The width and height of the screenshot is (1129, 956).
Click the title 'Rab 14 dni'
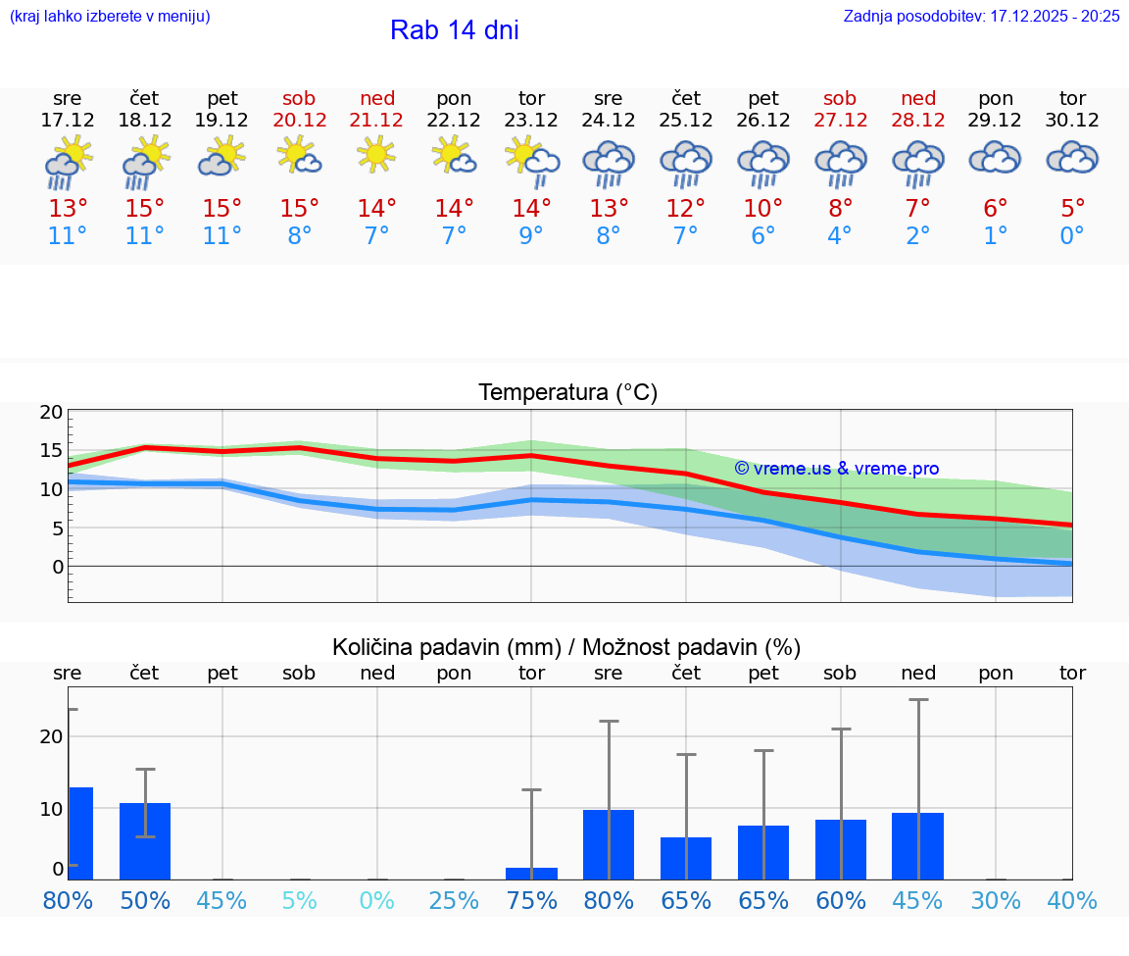tap(454, 30)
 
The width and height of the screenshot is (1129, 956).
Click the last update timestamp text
tap(981, 16)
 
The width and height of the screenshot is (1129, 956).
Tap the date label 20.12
tap(300, 120)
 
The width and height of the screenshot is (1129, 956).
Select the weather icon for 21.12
tap(377, 157)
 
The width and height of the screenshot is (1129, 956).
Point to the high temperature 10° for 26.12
tap(763, 208)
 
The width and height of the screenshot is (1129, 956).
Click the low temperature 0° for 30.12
tap(1072, 235)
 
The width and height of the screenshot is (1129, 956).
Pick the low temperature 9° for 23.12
tap(531, 235)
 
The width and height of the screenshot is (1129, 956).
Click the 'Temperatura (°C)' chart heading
tap(567, 393)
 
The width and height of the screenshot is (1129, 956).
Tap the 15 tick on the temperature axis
tap(51, 450)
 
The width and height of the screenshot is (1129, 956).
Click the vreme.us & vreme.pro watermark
tap(837, 469)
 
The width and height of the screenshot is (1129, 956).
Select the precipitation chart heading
tap(566, 647)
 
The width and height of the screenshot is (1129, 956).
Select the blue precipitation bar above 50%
tap(145, 841)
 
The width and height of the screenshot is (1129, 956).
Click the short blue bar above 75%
tap(531, 874)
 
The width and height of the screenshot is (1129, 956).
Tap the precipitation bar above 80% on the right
tap(609, 844)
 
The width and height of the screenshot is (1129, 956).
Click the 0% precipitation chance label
tap(377, 900)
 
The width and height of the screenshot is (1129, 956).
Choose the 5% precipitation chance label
tap(300, 900)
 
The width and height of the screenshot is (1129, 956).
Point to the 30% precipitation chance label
tap(996, 900)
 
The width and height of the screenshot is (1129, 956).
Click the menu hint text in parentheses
tap(110, 16)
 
